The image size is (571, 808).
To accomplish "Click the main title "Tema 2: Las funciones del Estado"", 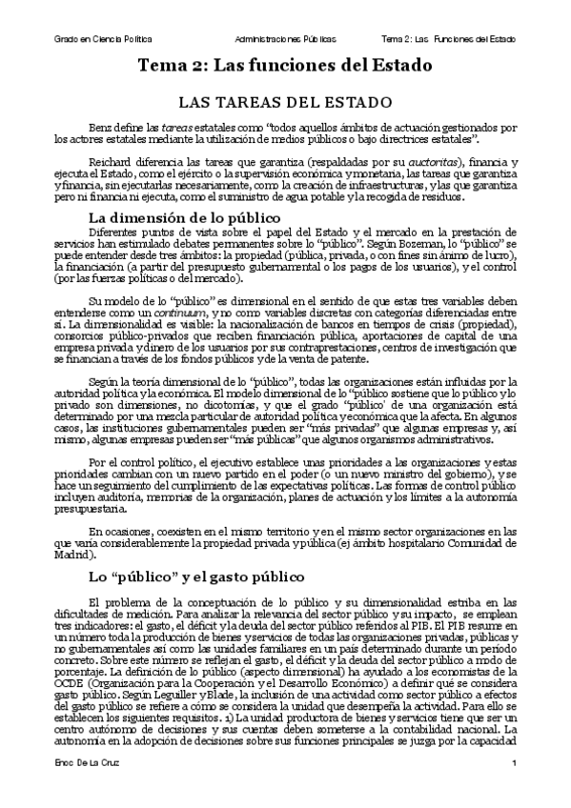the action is [x=285, y=67].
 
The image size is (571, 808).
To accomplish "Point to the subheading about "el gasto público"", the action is [x=195, y=576].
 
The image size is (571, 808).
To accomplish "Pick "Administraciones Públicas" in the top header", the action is [x=285, y=39].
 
